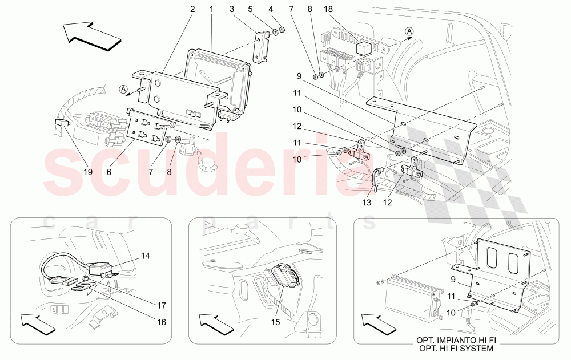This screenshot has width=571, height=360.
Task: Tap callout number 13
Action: point(367,202)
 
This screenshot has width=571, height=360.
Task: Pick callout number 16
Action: point(161,322)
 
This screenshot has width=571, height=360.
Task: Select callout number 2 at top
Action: point(192,9)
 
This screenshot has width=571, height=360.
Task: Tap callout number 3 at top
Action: point(232,9)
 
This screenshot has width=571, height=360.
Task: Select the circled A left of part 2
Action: point(123,89)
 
